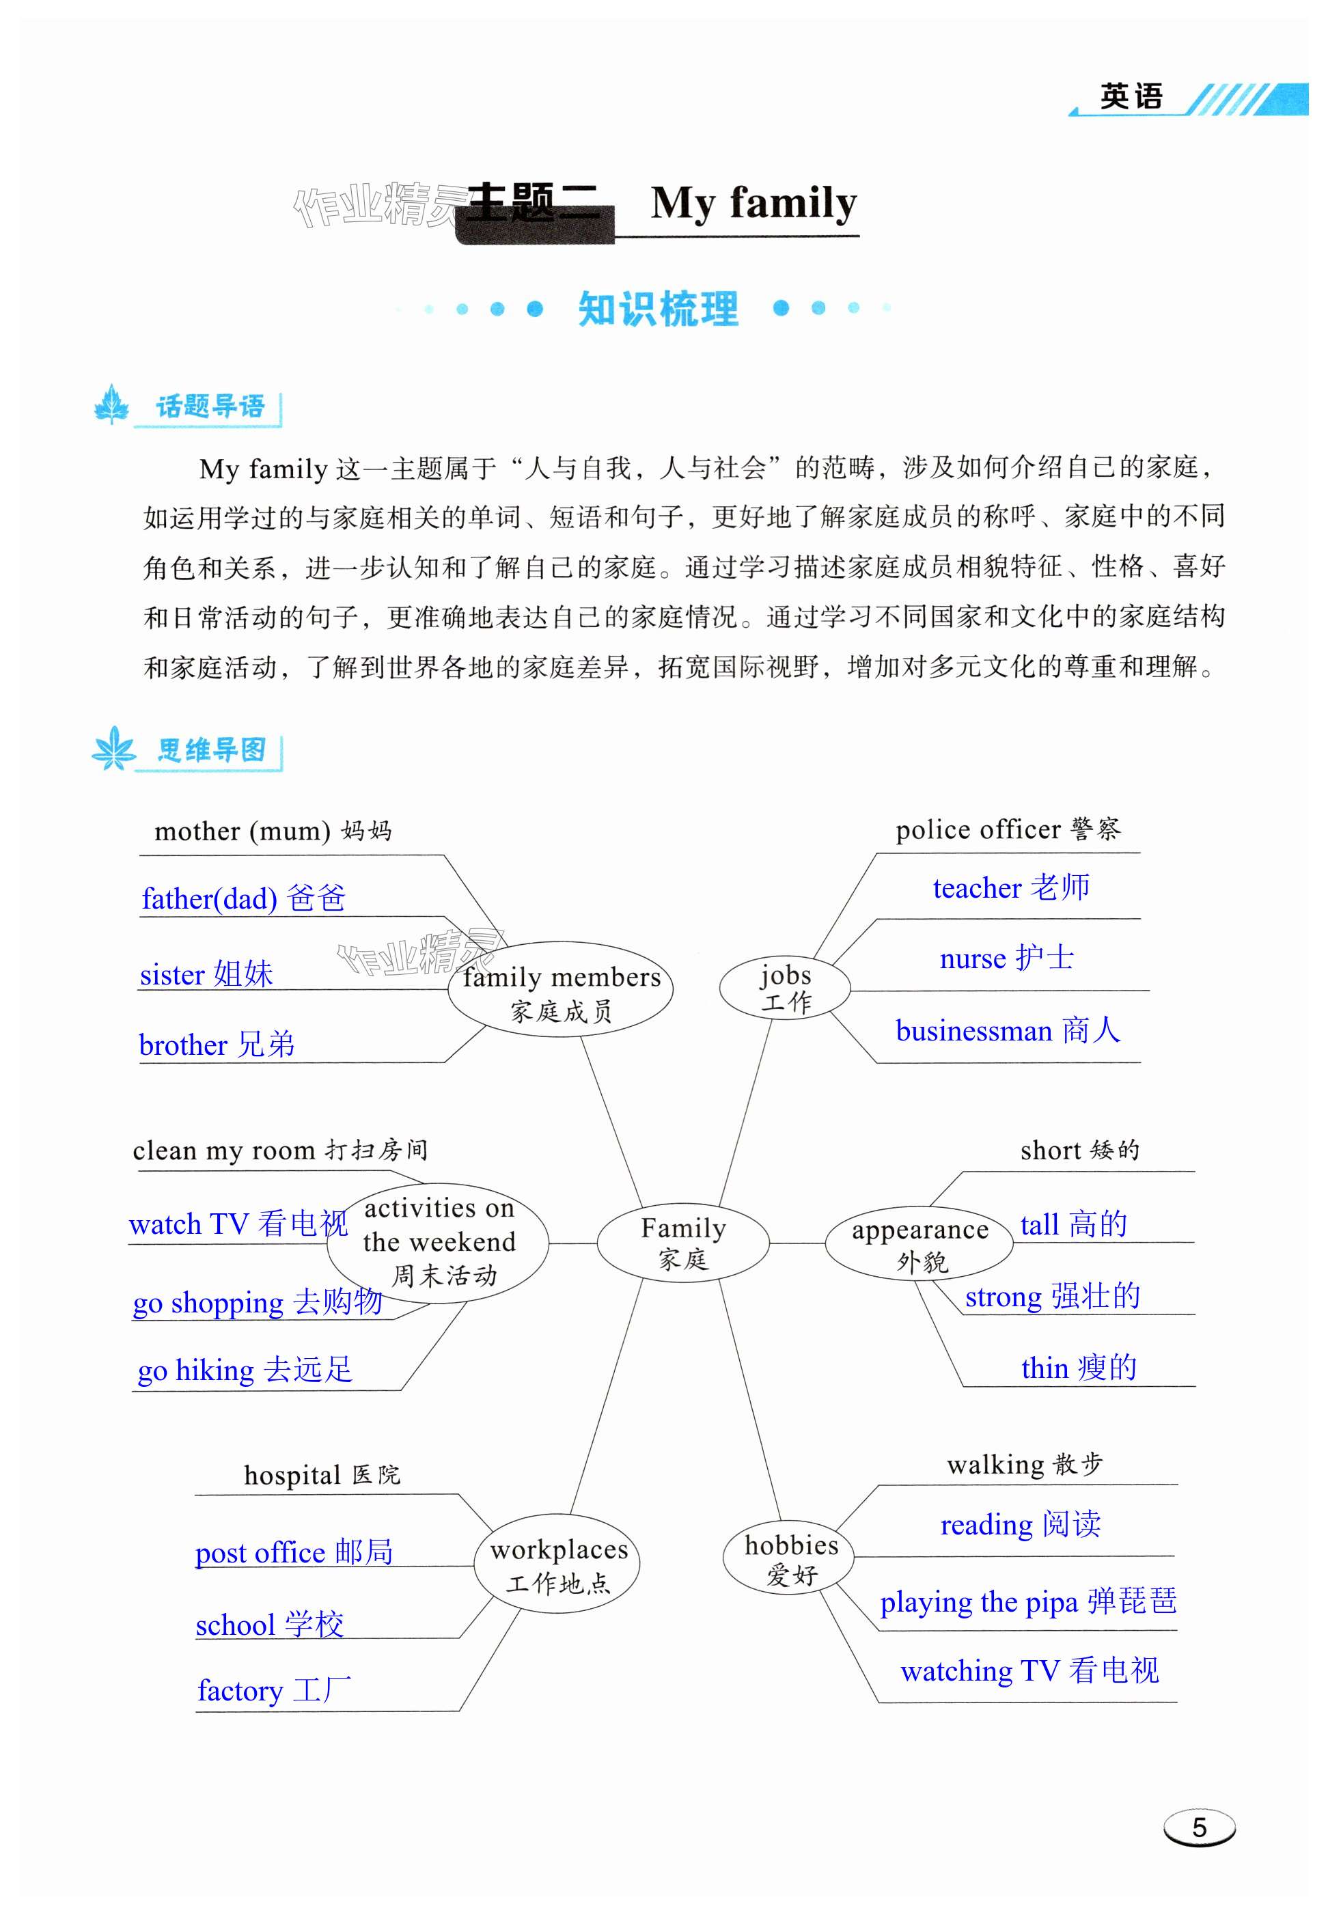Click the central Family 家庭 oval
click(x=682, y=1243)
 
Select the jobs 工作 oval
click(x=785, y=988)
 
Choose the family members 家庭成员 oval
click(x=561, y=991)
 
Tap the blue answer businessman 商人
click(x=1008, y=1031)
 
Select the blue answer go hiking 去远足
click(x=245, y=1370)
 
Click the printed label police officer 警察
click(x=1008, y=829)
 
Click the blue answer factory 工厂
click(x=274, y=1690)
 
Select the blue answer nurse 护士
click(x=1006, y=958)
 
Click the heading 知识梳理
click(x=657, y=309)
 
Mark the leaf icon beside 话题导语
click(x=111, y=406)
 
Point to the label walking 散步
click(x=1024, y=1464)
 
